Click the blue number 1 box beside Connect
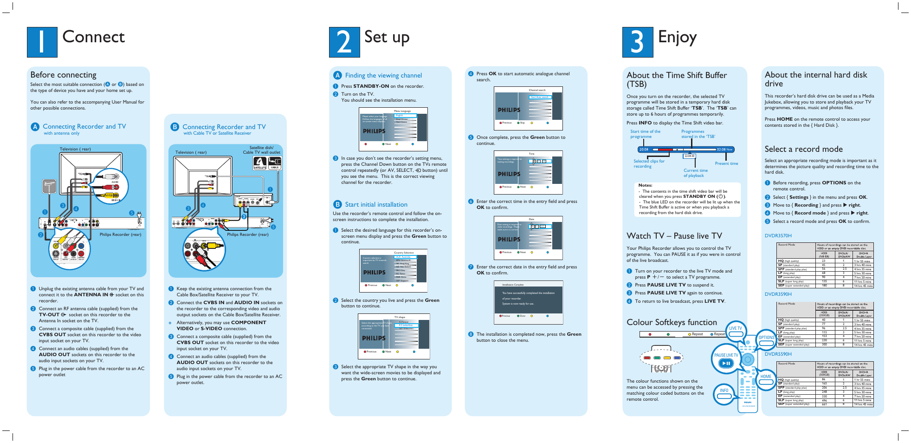pos(42,42)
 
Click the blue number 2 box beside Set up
pos(344,42)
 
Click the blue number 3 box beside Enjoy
pos(637,42)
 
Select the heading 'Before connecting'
pos(63,75)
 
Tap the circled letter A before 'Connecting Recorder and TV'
pos(35,127)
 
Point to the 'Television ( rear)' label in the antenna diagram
pos(75,149)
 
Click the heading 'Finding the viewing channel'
pos(383,75)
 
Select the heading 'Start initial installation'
pos(376,204)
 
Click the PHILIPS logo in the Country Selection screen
pos(374,273)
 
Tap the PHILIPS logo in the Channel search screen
pos(509,110)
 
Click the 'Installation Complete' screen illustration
pos(528,302)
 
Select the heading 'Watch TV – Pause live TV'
pos(674,236)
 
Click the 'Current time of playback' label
pos(695,173)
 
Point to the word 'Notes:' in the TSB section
pos(645,185)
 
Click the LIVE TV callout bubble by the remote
pos(736,328)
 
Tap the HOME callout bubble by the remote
pos(766,377)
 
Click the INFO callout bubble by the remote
pos(724,391)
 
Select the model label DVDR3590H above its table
pos(778,294)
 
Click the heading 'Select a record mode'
pos(803,149)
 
